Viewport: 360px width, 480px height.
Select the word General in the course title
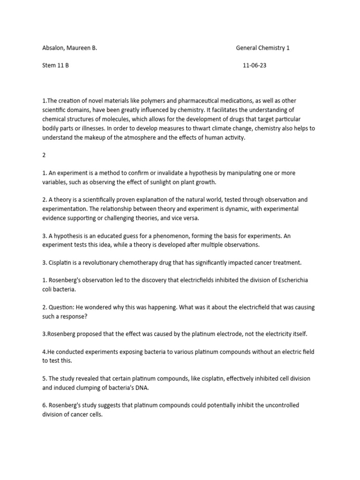pos(247,48)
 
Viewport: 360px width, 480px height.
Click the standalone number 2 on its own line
pos(44,155)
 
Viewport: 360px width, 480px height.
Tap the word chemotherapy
pos(139,262)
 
